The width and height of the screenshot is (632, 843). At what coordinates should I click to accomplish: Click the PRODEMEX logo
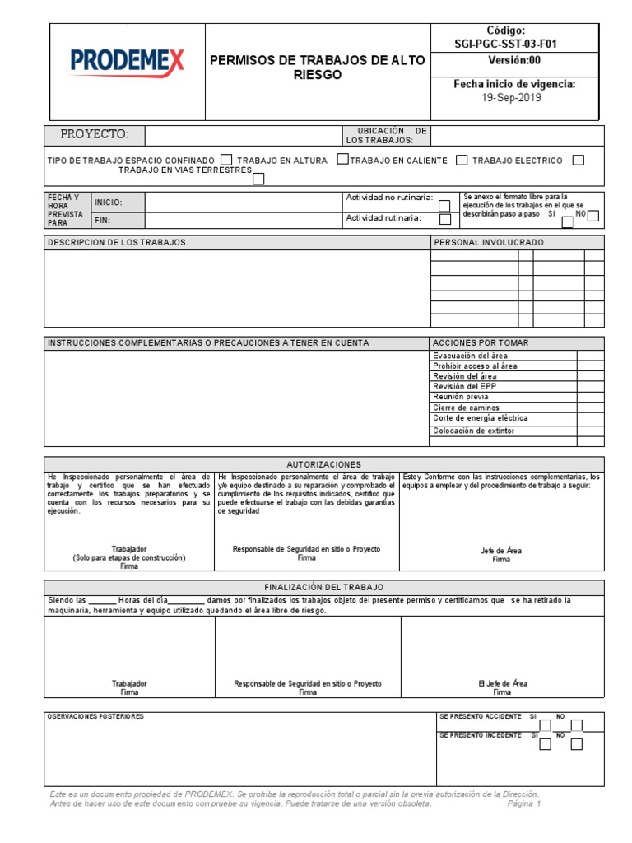coord(128,61)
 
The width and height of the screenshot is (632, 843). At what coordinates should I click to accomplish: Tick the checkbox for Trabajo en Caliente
coord(462,160)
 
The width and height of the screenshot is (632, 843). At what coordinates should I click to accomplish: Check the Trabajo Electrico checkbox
coord(578,160)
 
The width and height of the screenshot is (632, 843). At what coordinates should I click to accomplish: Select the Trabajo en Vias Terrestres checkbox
coord(258,178)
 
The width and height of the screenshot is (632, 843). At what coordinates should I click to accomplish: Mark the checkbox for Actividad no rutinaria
coord(444,206)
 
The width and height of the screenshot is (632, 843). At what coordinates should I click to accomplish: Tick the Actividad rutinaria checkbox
coord(444,219)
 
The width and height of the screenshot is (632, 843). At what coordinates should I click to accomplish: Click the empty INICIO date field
coord(243,202)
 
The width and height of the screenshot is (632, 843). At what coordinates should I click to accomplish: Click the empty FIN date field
coord(243,221)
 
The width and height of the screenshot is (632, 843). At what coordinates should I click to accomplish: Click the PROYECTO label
coord(94,134)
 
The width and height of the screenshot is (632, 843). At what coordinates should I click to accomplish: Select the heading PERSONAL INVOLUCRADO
coord(488,243)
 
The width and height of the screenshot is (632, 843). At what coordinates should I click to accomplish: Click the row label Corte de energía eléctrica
coord(480,418)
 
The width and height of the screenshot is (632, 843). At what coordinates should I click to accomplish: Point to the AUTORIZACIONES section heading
coord(323,464)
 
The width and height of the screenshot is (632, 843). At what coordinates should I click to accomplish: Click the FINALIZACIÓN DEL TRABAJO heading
coord(323,587)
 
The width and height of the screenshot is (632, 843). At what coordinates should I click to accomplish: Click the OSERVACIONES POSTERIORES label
coord(95,717)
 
